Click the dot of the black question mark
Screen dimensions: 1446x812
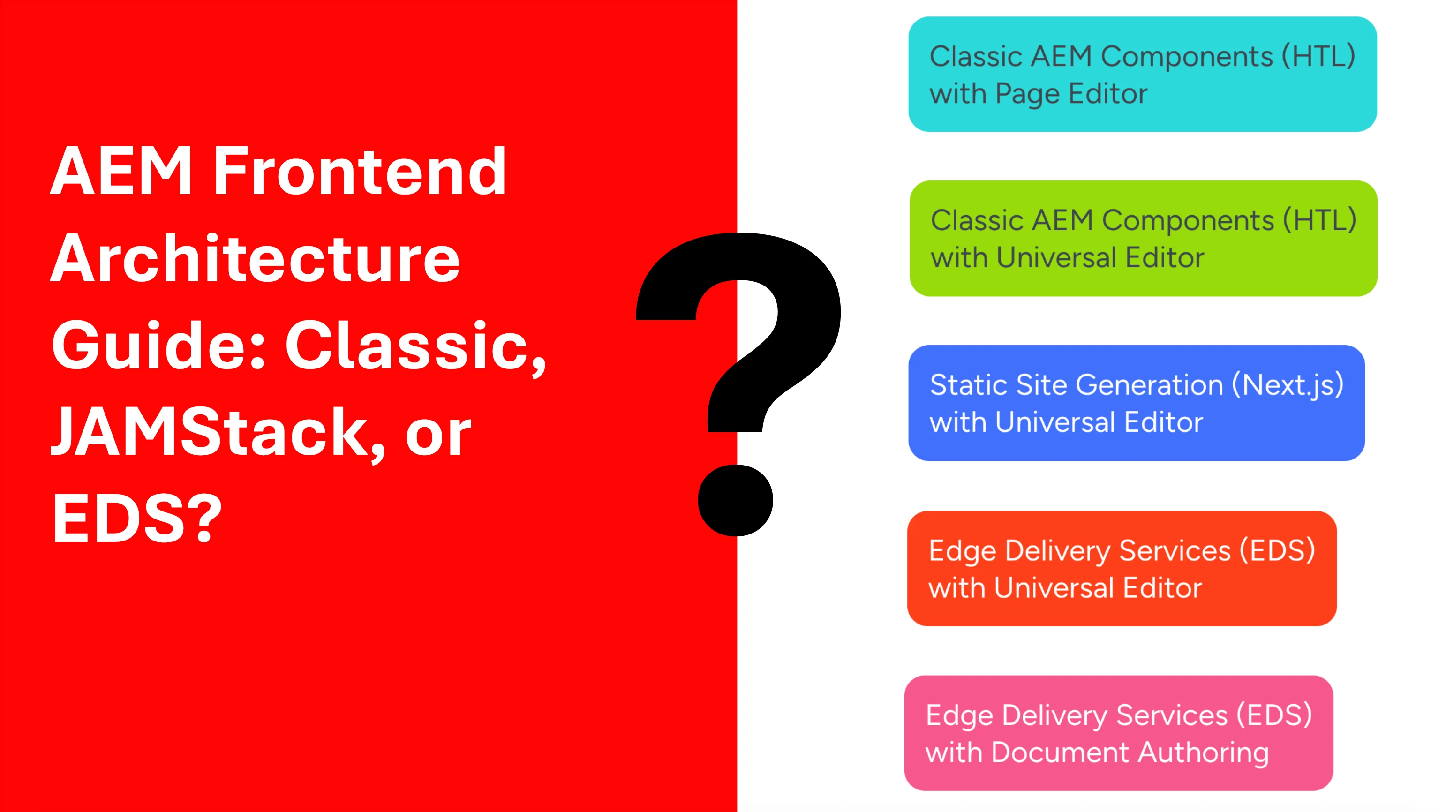[x=735, y=500]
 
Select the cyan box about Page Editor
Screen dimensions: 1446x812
[x=1142, y=74]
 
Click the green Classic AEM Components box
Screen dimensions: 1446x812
[x=1144, y=239]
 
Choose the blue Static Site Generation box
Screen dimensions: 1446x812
[x=1137, y=403]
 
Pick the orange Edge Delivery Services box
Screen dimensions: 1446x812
[x=1122, y=569]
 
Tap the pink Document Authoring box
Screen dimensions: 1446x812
[x=1118, y=733]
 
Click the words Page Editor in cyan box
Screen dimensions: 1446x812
[x=1071, y=94]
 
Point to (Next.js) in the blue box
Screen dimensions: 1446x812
[x=1287, y=385]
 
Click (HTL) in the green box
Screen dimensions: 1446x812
[x=1320, y=220]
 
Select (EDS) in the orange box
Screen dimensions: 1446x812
[x=1278, y=550]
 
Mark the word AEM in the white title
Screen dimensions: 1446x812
[x=121, y=171]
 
